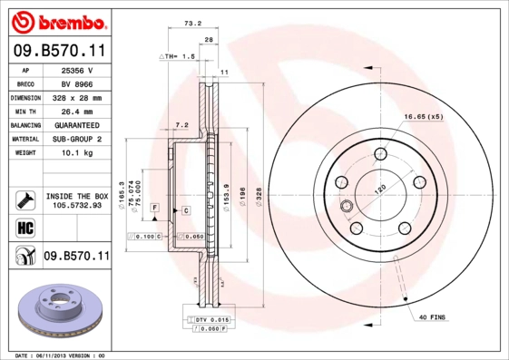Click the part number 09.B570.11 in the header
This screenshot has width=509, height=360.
(56, 50)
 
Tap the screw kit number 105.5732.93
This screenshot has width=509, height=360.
(76, 205)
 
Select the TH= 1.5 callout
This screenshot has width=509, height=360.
(178, 56)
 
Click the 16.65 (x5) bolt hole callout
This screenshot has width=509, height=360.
(423, 117)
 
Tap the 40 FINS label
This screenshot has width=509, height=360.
(433, 316)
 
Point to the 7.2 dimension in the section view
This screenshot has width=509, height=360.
(181, 124)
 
